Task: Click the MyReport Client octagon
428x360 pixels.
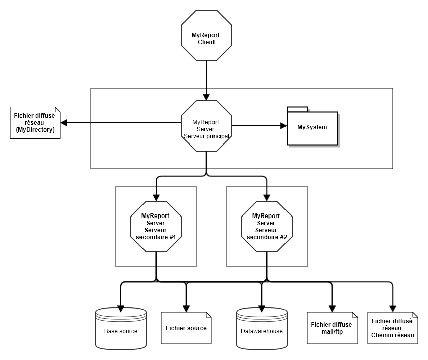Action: (x=206, y=36)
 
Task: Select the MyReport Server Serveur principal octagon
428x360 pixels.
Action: (x=206, y=125)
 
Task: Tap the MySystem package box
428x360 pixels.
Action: (x=312, y=128)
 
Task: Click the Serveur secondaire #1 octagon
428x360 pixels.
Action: (x=156, y=226)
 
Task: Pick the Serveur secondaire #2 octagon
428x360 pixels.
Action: (x=267, y=226)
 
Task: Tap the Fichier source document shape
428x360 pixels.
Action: (x=186, y=328)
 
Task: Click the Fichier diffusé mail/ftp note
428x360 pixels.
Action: (x=332, y=328)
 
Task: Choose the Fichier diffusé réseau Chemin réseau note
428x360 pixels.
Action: (x=393, y=328)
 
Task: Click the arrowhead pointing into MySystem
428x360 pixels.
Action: (x=283, y=126)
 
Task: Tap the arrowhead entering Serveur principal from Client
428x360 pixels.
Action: (x=206, y=97)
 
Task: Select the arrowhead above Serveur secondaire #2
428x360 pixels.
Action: (x=267, y=198)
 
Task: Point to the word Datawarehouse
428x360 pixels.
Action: (x=262, y=331)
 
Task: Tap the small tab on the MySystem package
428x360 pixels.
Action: (x=297, y=109)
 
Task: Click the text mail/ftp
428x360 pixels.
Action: (x=332, y=332)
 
